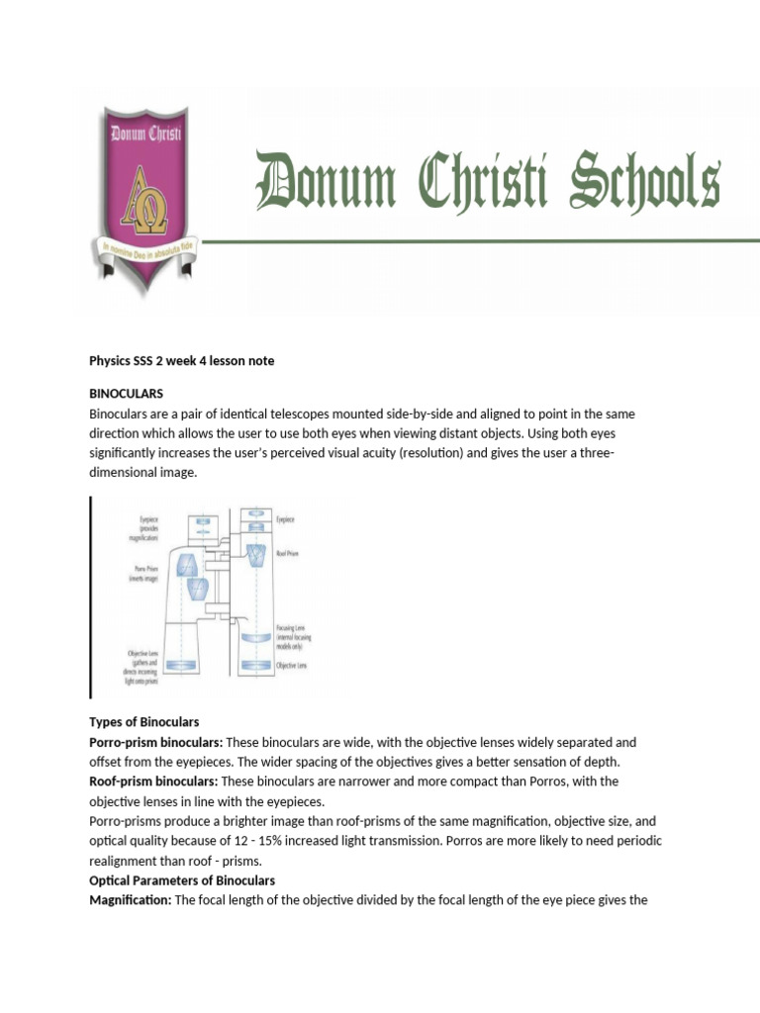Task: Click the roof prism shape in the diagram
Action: tap(256, 556)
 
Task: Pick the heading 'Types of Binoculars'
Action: tap(144, 722)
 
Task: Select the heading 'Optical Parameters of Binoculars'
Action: tap(182, 880)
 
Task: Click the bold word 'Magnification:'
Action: tap(130, 900)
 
